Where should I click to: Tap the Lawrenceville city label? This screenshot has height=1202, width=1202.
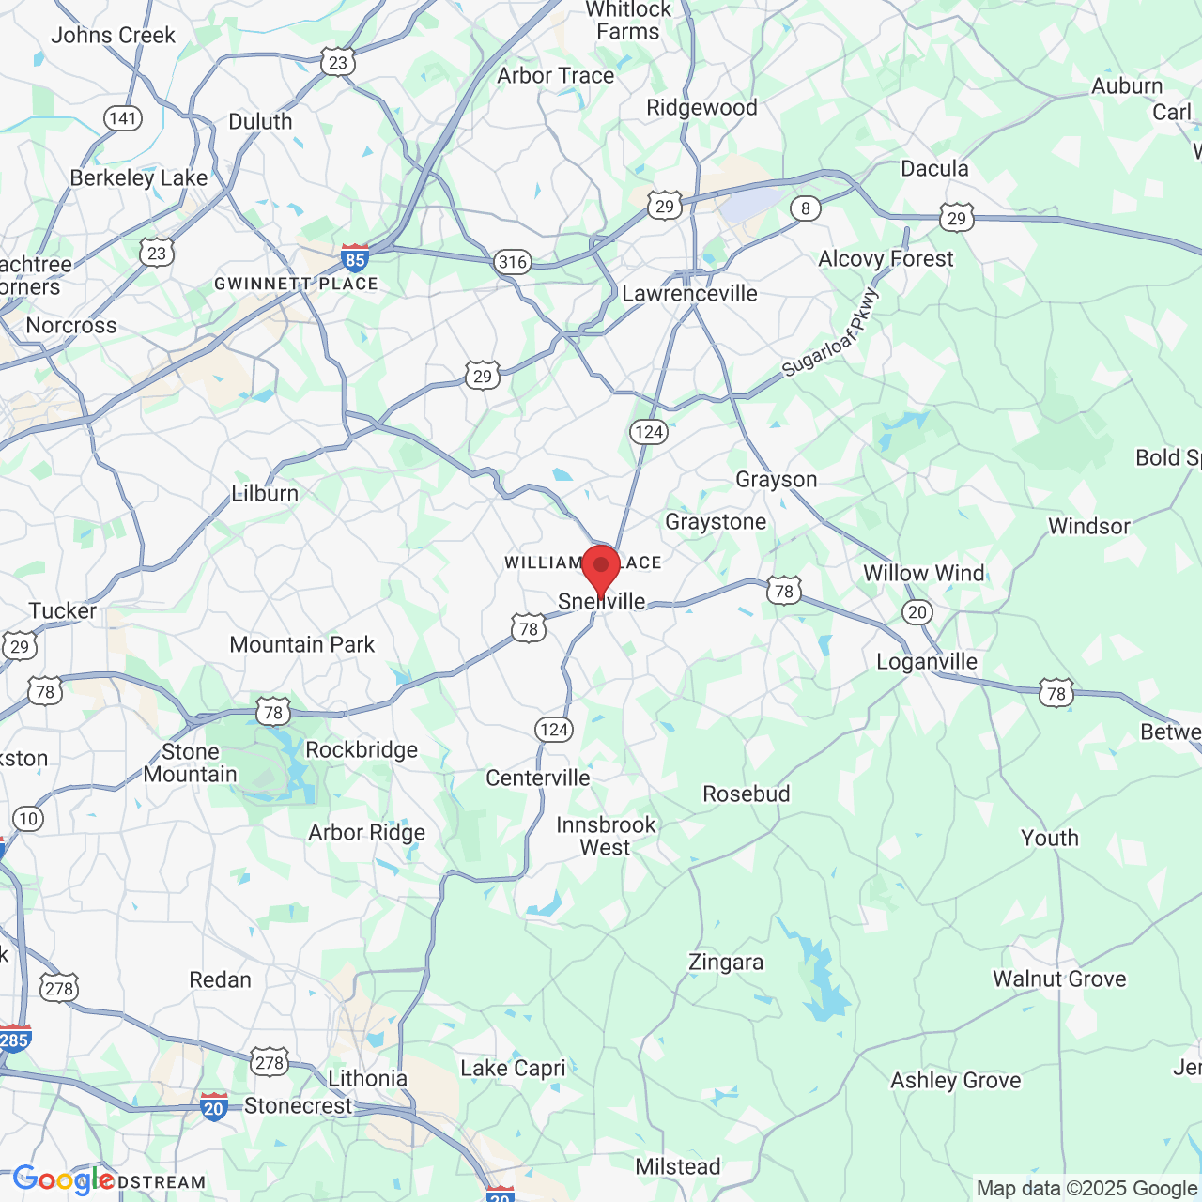pyautogui.click(x=689, y=293)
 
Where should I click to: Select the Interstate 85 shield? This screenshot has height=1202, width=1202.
pyautogui.click(x=354, y=259)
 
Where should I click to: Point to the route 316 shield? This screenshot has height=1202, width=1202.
pyautogui.click(x=513, y=262)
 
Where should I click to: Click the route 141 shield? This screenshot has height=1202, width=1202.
pyautogui.click(x=123, y=118)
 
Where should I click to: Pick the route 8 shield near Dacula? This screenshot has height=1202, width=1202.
pyautogui.click(x=805, y=208)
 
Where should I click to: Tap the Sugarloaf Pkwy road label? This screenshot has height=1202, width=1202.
pyautogui.click(x=831, y=332)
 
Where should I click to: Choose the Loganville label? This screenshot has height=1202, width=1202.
pyautogui.click(x=927, y=661)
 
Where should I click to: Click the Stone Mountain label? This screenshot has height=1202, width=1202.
pyautogui.click(x=191, y=763)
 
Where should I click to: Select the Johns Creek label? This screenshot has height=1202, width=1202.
pyautogui.click(x=113, y=36)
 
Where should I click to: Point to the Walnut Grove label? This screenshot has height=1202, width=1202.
pyautogui.click(x=1059, y=979)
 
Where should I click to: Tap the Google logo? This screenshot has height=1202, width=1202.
pyautogui.click(x=63, y=1180)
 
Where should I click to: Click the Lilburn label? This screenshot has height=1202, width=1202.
pyautogui.click(x=265, y=493)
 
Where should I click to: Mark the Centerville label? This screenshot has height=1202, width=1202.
pyautogui.click(x=538, y=778)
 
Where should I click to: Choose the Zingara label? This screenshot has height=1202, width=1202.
pyautogui.click(x=726, y=963)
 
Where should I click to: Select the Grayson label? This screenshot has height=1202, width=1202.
pyautogui.click(x=777, y=480)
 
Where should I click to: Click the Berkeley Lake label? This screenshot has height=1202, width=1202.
pyautogui.click(x=139, y=178)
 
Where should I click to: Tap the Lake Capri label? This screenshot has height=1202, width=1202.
pyautogui.click(x=513, y=1068)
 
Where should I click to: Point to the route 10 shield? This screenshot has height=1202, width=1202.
pyautogui.click(x=28, y=819)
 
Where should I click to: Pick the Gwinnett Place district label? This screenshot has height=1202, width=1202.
pyautogui.click(x=296, y=284)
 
